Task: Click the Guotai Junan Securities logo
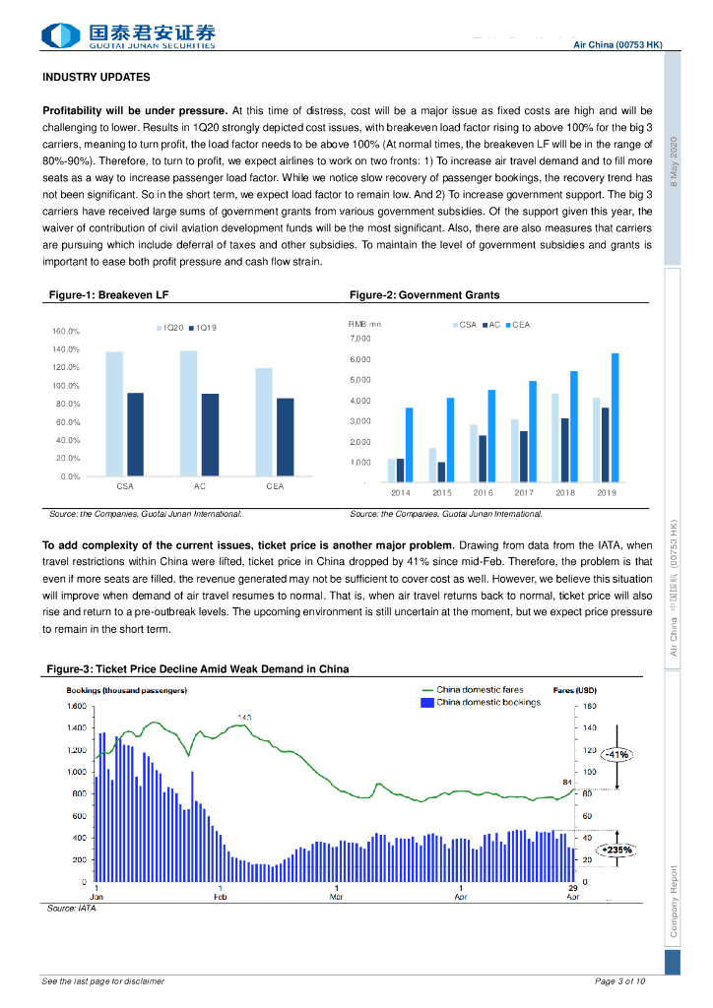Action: click(x=128, y=35)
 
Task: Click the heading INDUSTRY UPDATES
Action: click(x=97, y=77)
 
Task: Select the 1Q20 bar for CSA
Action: click(x=114, y=413)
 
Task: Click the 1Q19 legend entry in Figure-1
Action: click(x=206, y=327)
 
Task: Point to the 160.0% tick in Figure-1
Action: click(x=66, y=332)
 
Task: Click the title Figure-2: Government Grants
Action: click(x=424, y=294)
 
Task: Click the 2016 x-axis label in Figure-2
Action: click(x=483, y=492)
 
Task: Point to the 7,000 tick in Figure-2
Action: click(x=360, y=339)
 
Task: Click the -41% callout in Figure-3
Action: click(x=617, y=754)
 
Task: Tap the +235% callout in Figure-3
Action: click(x=616, y=849)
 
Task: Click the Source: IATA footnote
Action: click(x=73, y=909)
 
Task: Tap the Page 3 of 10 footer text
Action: click(x=620, y=981)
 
